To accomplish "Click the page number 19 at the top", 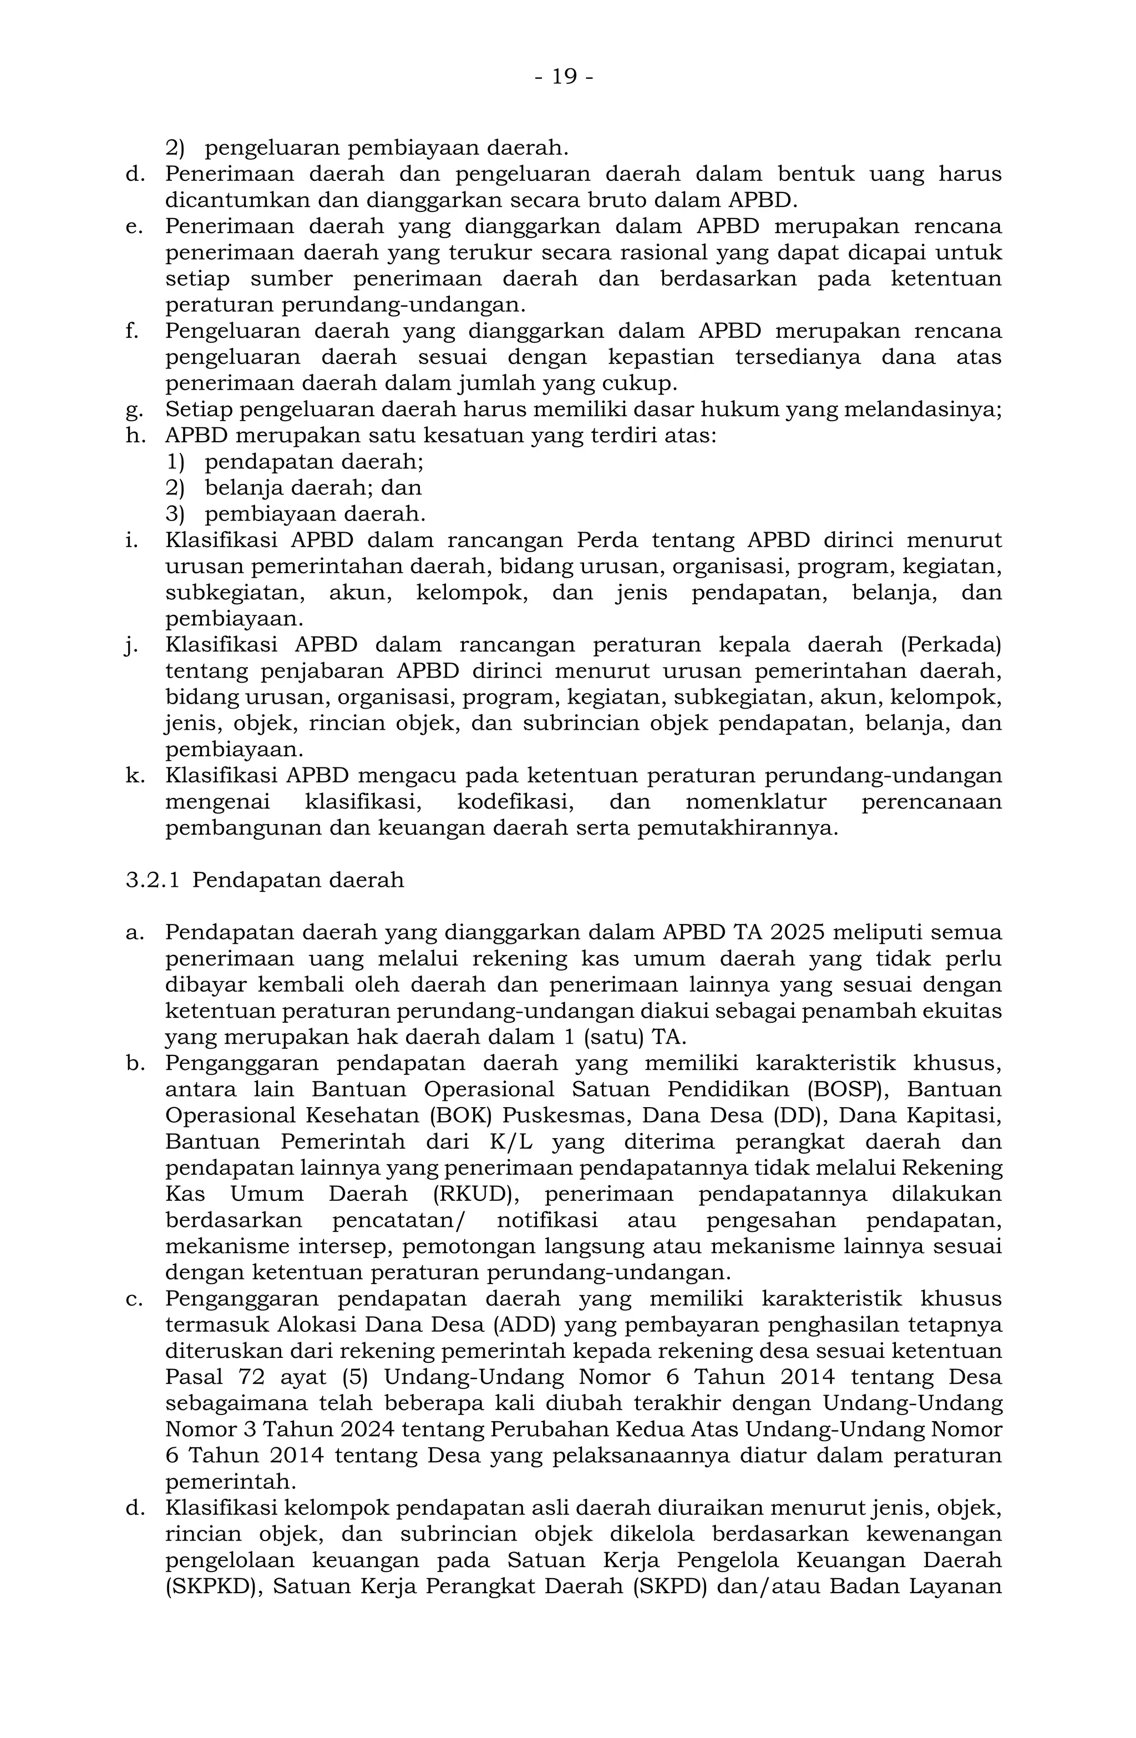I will [x=564, y=77].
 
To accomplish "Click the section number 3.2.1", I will [x=152, y=880].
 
